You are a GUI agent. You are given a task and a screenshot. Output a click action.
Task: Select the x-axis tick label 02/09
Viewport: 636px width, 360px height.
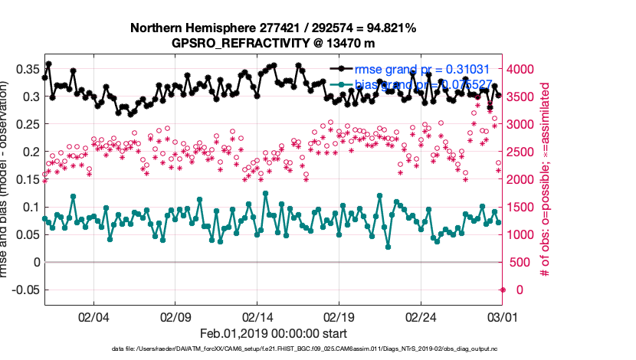point(175,315)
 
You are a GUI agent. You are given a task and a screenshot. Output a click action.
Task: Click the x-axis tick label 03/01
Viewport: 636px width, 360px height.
point(503,315)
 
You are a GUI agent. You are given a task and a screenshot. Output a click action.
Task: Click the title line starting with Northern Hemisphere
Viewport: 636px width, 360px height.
point(274,28)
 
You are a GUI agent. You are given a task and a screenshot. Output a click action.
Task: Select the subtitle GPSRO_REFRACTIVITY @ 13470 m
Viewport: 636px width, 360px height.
point(274,43)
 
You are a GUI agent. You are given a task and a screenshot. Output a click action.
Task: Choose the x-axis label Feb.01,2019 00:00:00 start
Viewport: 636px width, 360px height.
point(274,333)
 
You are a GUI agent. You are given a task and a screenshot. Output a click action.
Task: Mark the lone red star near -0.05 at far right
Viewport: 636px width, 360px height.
point(503,290)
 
